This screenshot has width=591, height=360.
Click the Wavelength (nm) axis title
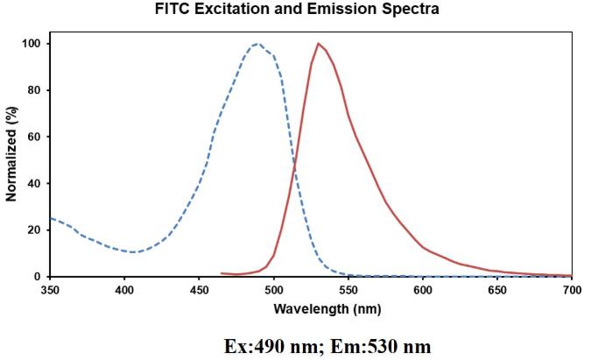coord(311,309)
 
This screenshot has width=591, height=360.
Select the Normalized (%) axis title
coord(11,160)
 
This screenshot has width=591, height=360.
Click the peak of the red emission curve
coord(319,44)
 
